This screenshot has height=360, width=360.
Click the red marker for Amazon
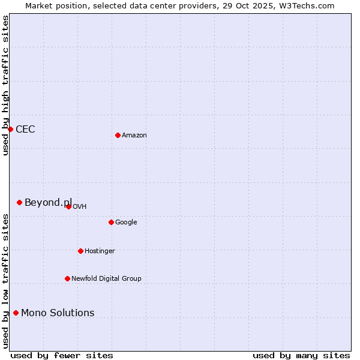[118, 135]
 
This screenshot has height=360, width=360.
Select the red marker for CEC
[10, 129]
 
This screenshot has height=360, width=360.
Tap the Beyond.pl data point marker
[19, 202]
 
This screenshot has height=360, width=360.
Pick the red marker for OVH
[68, 206]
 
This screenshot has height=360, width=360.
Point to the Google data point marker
[111, 222]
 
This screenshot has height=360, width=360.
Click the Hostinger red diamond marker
[80, 251]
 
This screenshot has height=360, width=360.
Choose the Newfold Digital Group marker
[67, 278]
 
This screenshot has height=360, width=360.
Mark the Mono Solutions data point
[16, 313]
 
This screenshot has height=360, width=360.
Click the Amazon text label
[134, 136]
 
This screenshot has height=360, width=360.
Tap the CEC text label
[25, 130]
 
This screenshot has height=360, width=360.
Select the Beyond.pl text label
[48, 203]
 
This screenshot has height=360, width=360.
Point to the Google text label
[126, 223]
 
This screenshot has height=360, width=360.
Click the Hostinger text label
[100, 251]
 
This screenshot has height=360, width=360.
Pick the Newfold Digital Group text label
[106, 279]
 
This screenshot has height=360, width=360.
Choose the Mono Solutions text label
[58, 313]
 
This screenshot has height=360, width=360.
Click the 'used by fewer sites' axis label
[62, 356]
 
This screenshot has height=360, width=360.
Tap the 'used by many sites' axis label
[301, 356]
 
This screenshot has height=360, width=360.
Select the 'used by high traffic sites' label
[6, 85]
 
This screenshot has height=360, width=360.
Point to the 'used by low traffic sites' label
[6, 281]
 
